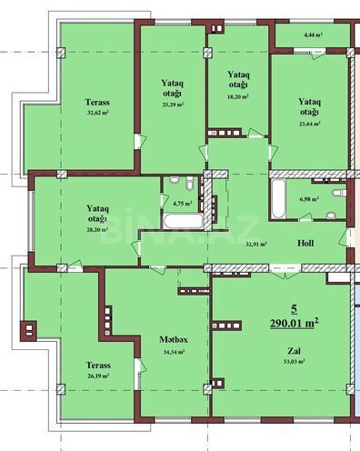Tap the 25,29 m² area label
tap(174, 105)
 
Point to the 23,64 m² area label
tap(309, 125)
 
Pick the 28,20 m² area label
tap(96, 229)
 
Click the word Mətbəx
tap(173, 338)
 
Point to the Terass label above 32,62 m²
tap(98, 102)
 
